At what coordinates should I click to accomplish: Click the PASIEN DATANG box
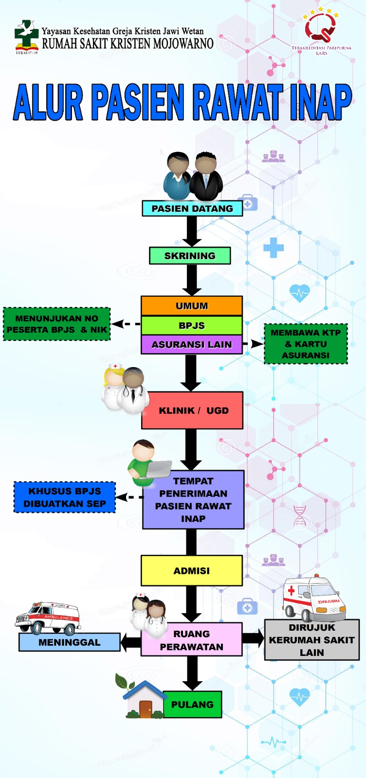coord(192,209)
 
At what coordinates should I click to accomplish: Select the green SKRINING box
coord(190,256)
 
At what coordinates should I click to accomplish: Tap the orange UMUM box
coord(192,306)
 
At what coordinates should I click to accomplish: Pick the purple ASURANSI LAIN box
coord(192,344)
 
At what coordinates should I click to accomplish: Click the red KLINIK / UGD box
coord(193,410)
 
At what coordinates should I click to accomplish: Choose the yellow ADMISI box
coord(192,570)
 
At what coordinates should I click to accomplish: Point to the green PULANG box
coord(192,704)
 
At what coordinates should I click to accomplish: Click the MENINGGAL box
coord(70,642)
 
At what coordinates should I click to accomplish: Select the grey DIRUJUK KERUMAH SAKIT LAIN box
coord(312,640)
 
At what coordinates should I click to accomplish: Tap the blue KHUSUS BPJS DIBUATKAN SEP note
coord(65,497)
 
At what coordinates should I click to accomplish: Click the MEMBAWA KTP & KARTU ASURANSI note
coord(306,344)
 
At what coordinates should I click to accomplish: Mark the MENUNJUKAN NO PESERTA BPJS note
coord(57,324)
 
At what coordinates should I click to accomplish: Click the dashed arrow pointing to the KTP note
coord(253,344)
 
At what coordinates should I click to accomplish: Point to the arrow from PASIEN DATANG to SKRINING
coord(192,231)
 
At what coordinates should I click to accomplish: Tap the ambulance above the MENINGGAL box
coord(48,618)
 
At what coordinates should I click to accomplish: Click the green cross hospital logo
coord(26,35)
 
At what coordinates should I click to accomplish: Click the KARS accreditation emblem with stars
coord(321,27)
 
